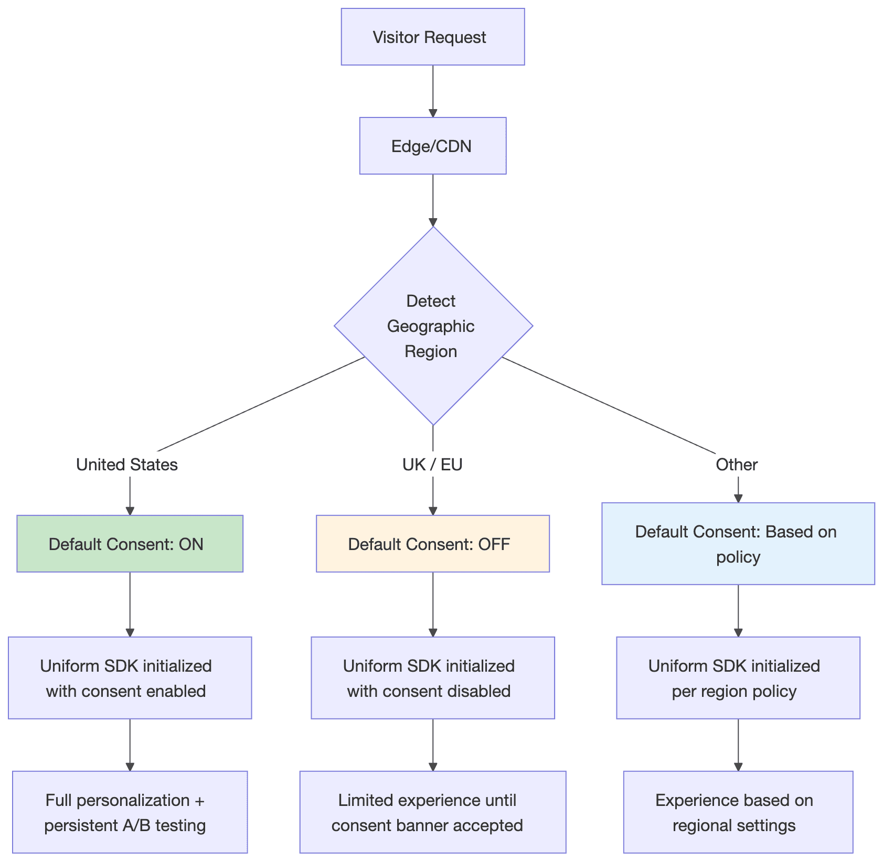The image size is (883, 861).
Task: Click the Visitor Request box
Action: point(432,37)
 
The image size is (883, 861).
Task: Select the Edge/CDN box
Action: point(432,146)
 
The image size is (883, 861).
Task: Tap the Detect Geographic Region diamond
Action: point(432,326)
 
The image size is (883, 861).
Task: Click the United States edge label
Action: point(127,465)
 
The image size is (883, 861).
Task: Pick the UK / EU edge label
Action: point(432,465)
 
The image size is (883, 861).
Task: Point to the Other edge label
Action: point(737,465)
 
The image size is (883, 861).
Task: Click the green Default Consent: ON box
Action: point(130,544)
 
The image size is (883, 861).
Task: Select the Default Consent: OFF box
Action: point(432,544)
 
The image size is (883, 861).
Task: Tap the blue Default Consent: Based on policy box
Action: point(738,544)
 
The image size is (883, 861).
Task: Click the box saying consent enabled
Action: point(130,678)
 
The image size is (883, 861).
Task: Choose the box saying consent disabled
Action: point(432,678)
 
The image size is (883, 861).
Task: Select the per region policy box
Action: point(738,678)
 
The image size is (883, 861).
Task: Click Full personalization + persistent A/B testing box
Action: point(130,812)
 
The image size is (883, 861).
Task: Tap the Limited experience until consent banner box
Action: point(432,812)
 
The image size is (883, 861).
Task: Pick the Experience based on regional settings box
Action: point(738,812)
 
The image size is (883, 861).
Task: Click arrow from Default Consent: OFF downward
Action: point(433,604)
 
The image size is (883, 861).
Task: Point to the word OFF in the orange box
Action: point(494,544)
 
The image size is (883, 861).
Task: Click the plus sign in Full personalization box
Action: point(199,800)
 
